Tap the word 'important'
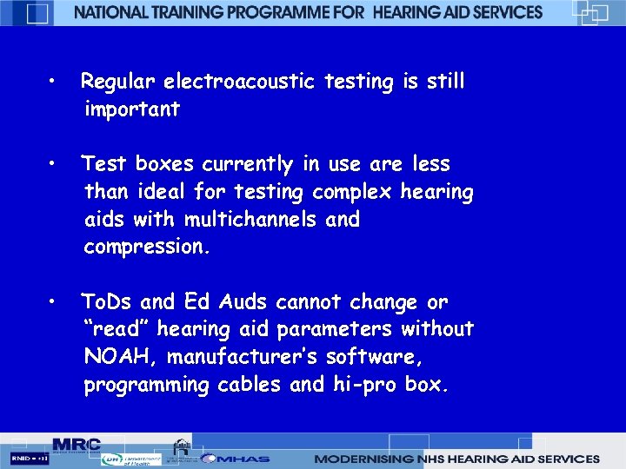(131, 109)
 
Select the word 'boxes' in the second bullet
(165, 164)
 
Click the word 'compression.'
(147, 247)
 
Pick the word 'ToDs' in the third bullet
(107, 302)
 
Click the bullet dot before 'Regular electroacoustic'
(53, 82)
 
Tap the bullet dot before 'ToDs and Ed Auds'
(53, 302)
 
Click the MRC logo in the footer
(77, 444)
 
